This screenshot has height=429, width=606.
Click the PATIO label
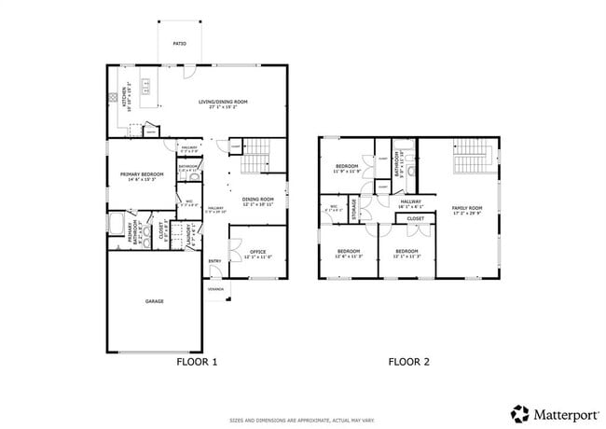(180, 44)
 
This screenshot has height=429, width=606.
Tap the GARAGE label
(154, 302)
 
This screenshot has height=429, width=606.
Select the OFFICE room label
(257, 253)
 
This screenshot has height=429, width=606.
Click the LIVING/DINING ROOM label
(224, 104)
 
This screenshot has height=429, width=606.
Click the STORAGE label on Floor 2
(354, 208)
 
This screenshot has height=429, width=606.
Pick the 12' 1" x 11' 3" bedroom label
(406, 253)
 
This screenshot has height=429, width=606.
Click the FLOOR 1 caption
(197, 362)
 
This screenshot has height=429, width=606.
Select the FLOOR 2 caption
(408, 362)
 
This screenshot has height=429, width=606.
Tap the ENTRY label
(214, 261)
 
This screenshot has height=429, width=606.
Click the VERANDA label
(215, 289)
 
